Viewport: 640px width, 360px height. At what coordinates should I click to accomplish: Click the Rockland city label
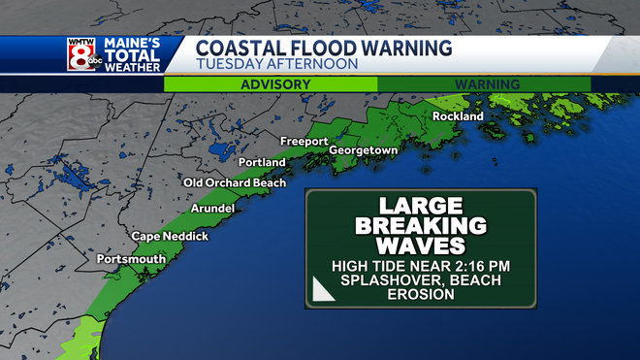(458, 116)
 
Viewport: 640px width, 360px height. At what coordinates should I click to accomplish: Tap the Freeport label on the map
(304, 142)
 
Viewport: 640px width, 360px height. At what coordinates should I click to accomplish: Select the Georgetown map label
(364, 151)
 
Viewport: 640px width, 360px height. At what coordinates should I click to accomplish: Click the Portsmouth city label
(131, 259)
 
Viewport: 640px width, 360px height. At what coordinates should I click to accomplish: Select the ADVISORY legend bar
(271, 84)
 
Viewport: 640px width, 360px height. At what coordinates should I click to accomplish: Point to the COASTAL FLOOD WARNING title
(323, 48)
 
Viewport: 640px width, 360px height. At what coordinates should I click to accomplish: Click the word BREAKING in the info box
(420, 225)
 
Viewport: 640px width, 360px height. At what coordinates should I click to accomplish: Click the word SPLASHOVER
(380, 280)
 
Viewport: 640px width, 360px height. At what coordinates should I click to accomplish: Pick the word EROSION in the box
(420, 295)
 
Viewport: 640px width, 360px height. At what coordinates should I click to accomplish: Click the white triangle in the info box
(323, 289)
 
